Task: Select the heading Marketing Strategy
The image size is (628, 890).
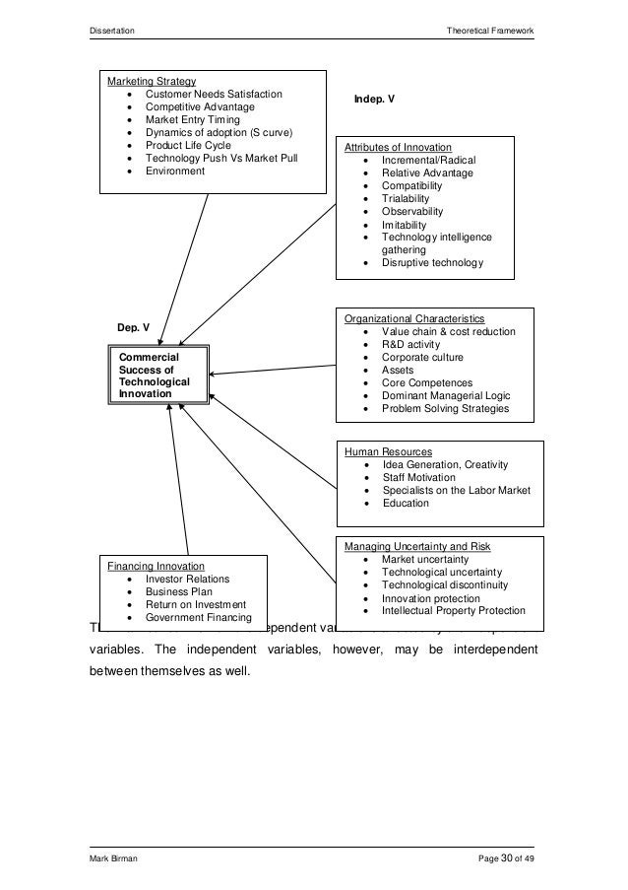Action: (x=152, y=80)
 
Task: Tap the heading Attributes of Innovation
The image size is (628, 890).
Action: (x=398, y=147)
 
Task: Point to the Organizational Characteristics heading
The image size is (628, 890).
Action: (x=413, y=319)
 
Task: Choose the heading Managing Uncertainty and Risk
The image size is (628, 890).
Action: (x=416, y=546)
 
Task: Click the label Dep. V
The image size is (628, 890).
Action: (x=133, y=326)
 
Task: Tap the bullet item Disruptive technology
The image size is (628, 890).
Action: (x=432, y=263)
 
